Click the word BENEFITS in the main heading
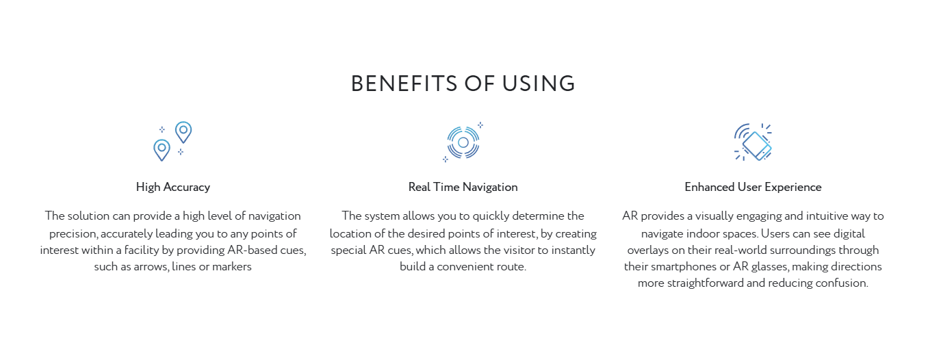(x=404, y=83)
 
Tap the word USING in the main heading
(x=539, y=83)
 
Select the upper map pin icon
(x=183, y=132)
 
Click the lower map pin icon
(x=162, y=150)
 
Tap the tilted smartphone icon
(x=757, y=146)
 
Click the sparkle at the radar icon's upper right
(x=480, y=125)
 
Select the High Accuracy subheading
(x=173, y=187)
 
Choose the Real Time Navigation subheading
(x=463, y=187)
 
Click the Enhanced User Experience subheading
(x=753, y=187)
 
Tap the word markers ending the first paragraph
(x=232, y=266)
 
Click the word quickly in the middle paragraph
(x=491, y=216)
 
